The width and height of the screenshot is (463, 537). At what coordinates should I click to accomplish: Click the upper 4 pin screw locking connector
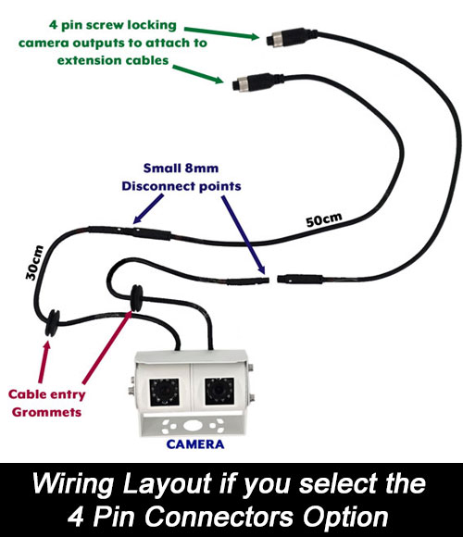tap(292, 37)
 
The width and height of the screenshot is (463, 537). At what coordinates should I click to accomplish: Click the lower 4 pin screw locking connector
tap(257, 81)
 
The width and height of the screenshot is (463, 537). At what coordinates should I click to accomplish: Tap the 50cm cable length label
tap(324, 219)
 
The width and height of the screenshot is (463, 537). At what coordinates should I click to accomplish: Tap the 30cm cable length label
tap(34, 263)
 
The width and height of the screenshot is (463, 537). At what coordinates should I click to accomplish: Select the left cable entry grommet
tap(53, 323)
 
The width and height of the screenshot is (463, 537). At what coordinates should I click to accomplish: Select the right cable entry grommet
tap(137, 298)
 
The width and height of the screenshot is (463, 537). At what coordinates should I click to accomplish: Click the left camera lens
tap(164, 392)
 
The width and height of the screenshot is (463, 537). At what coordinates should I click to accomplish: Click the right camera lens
tap(219, 391)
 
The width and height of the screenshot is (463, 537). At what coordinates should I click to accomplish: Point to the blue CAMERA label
tap(195, 444)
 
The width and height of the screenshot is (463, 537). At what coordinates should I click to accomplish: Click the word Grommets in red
tap(46, 412)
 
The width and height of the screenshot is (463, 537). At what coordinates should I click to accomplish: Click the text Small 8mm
tap(181, 169)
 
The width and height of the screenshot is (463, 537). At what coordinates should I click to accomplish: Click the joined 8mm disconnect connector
tap(130, 232)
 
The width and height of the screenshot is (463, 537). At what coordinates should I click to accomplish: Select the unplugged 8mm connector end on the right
tap(300, 278)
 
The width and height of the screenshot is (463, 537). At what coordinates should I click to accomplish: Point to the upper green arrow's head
tap(255, 36)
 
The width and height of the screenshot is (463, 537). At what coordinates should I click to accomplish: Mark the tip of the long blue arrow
tap(265, 274)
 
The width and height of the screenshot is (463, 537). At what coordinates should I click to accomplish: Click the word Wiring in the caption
tap(72, 484)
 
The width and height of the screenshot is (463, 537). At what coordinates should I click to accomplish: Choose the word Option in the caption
tap(346, 517)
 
